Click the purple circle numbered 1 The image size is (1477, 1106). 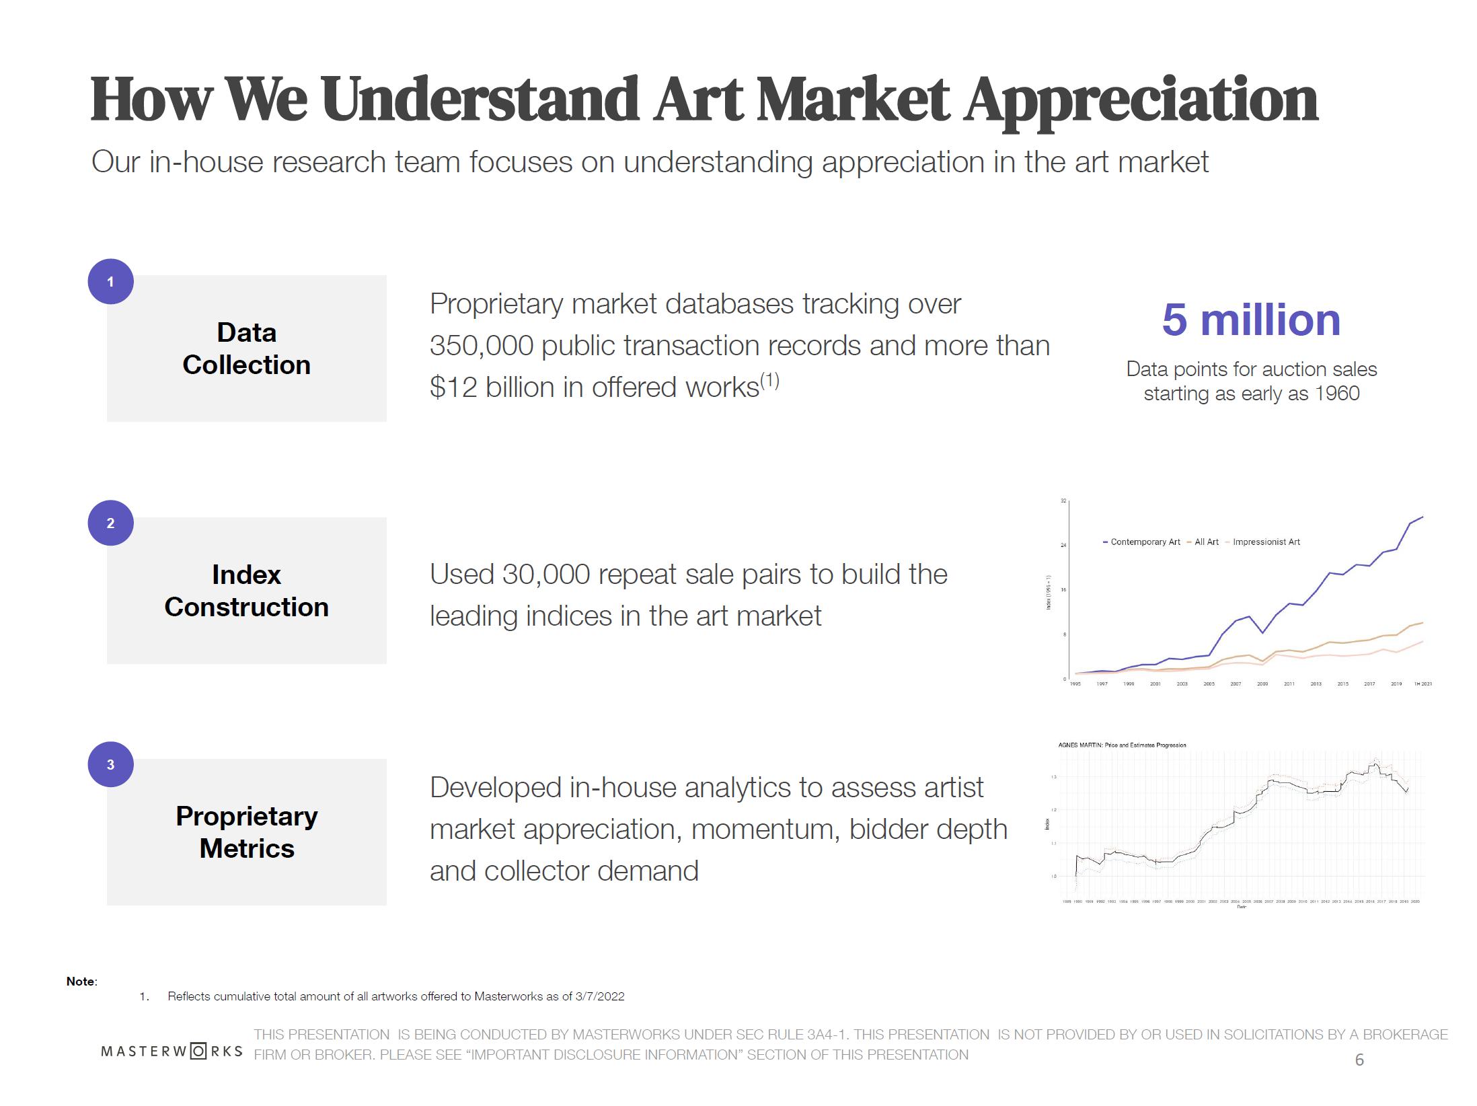[x=110, y=281]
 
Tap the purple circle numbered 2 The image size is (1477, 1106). [x=110, y=523]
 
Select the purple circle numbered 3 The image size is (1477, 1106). [x=110, y=764]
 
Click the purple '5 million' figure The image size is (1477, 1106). [x=1251, y=320]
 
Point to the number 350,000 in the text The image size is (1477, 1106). [x=481, y=346]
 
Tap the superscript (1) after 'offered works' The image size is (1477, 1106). [x=769, y=381]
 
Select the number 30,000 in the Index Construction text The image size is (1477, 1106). [x=545, y=575]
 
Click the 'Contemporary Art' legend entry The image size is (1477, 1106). [x=1145, y=542]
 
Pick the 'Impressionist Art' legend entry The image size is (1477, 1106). [x=1266, y=542]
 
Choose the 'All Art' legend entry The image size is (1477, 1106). [x=1206, y=542]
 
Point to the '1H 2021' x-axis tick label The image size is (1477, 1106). [x=1423, y=684]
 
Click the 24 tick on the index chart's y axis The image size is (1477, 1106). [x=1063, y=545]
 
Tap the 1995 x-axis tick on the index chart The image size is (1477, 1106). [x=1075, y=684]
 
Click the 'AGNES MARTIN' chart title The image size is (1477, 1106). [x=1122, y=745]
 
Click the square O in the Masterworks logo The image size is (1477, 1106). [x=198, y=1051]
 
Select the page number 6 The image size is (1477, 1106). [x=1359, y=1060]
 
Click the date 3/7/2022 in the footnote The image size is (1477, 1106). [x=600, y=996]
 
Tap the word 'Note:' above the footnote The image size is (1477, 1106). [x=81, y=982]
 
